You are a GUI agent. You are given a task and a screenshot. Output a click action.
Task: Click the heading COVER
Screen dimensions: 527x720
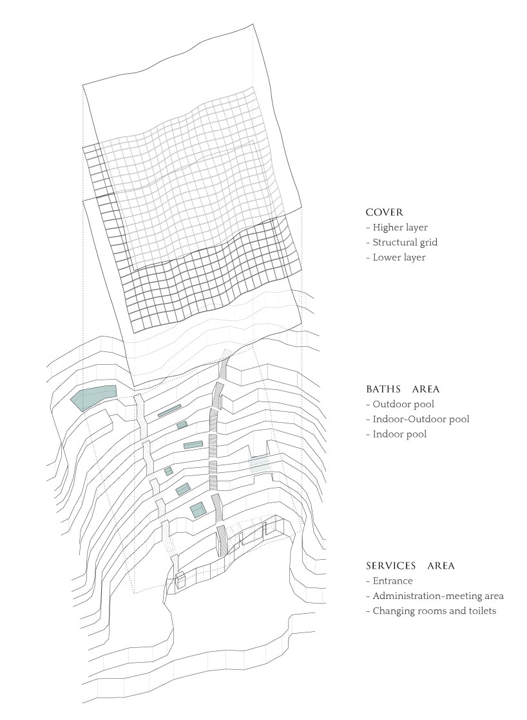click(x=385, y=212)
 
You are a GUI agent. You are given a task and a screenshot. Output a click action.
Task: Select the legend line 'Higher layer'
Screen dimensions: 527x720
click(x=397, y=227)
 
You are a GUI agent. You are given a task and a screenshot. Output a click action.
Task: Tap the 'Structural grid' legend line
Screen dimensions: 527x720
click(x=402, y=243)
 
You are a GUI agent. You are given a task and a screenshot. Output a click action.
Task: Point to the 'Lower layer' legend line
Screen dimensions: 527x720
click(x=396, y=257)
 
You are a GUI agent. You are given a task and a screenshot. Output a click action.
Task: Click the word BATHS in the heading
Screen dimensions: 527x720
click(x=383, y=389)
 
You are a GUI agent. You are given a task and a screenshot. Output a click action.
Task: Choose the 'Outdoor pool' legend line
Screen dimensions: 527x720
click(x=400, y=404)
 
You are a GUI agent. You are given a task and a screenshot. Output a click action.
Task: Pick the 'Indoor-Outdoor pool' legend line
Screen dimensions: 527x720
click(x=417, y=419)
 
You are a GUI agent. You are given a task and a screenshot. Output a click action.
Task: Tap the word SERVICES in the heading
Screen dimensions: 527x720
click(x=391, y=566)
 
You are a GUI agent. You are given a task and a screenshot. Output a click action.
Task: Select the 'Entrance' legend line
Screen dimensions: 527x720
click(x=390, y=581)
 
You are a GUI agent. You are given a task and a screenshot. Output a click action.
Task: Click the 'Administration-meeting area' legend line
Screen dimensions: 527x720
click(x=435, y=596)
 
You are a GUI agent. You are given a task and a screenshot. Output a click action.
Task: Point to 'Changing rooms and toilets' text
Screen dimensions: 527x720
click(x=432, y=611)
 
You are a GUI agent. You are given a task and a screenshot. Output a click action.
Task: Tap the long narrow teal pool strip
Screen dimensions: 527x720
click(x=169, y=411)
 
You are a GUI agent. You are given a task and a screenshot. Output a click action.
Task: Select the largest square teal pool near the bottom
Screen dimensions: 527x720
click(x=198, y=510)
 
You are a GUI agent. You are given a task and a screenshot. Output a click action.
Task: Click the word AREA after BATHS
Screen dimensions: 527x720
click(x=426, y=389)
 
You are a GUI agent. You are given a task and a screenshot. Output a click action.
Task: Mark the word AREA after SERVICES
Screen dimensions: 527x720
click(x=441, y=566)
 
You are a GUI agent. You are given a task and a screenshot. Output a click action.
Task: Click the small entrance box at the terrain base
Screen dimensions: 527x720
click(x=180, y=580)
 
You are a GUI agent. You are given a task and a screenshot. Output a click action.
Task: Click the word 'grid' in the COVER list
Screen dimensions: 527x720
click(x=428, y=243)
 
